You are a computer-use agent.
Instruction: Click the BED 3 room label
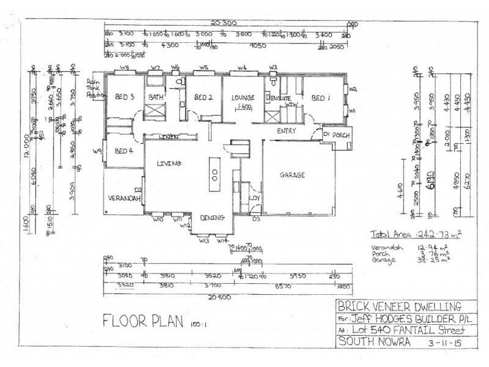coord(124,96)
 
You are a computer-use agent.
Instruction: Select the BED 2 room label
coord(203,97)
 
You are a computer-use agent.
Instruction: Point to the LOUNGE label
coord(242,97)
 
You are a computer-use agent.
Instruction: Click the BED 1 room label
coord(320,97)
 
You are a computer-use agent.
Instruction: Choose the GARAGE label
coord(293,175)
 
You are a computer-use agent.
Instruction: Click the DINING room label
coord(213,217)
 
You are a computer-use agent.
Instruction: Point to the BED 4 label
coord(123,151)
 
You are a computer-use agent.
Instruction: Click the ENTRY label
coord(287,130)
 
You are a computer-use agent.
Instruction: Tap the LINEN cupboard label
coord(169,137)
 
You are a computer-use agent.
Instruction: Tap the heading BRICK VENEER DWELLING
coord(399,307)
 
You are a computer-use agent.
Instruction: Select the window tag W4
coord(242,68)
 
